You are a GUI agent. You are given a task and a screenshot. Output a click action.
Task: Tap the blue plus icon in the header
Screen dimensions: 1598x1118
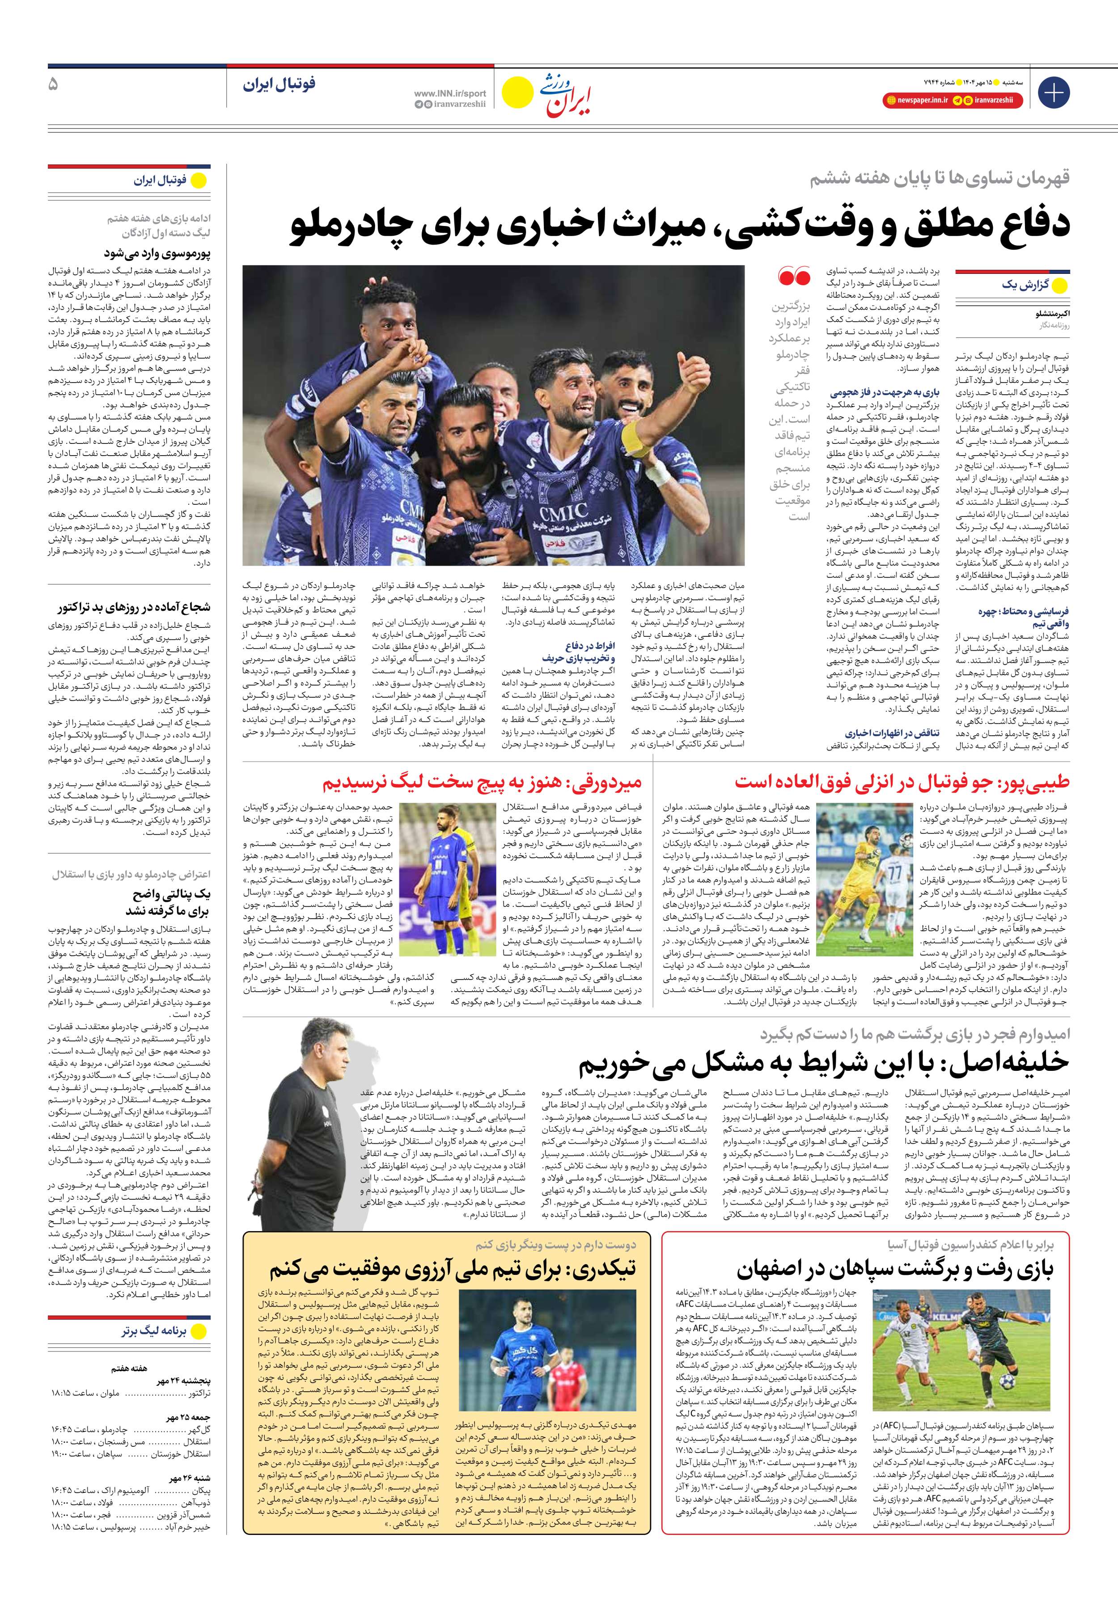point(1053,93)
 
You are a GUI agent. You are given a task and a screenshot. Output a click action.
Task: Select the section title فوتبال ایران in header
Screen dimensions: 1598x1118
point(279,84)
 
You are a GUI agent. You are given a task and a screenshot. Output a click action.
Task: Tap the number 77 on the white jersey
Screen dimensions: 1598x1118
point(894,874)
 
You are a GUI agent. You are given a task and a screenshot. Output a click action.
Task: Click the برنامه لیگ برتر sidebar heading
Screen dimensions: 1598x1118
point(154,1331)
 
